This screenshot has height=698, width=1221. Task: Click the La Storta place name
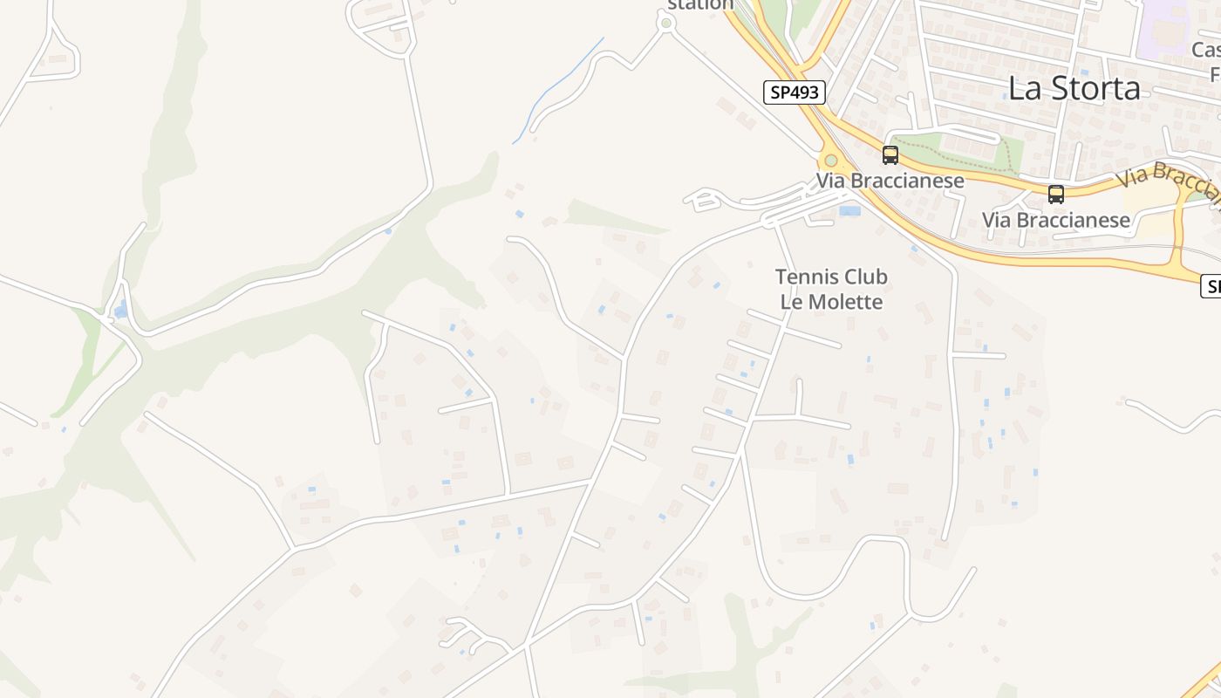[x=1074, y=88]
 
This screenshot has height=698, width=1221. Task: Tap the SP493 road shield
[x=794, y=92]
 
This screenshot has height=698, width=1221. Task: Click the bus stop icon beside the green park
[x=890, y=155]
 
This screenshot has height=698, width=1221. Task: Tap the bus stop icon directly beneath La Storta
[x=1055, y=194]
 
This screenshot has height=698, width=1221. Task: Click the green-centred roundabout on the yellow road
[x=830, y=161]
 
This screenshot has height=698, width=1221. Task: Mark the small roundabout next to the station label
[x=666, y=24]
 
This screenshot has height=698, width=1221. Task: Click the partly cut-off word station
[x=699, y=5]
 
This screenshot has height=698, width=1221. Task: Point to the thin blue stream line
[x=558, y=87]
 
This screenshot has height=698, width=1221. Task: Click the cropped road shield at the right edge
[x=1211, y=285]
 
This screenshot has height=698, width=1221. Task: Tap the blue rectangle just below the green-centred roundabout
[x=849, y=210]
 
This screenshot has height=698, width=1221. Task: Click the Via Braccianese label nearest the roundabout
[x=890, y=181]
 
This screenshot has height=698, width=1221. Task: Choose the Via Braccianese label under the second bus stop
[x=1055, y=220]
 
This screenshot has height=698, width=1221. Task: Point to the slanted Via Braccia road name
[x=1169, y=181]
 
